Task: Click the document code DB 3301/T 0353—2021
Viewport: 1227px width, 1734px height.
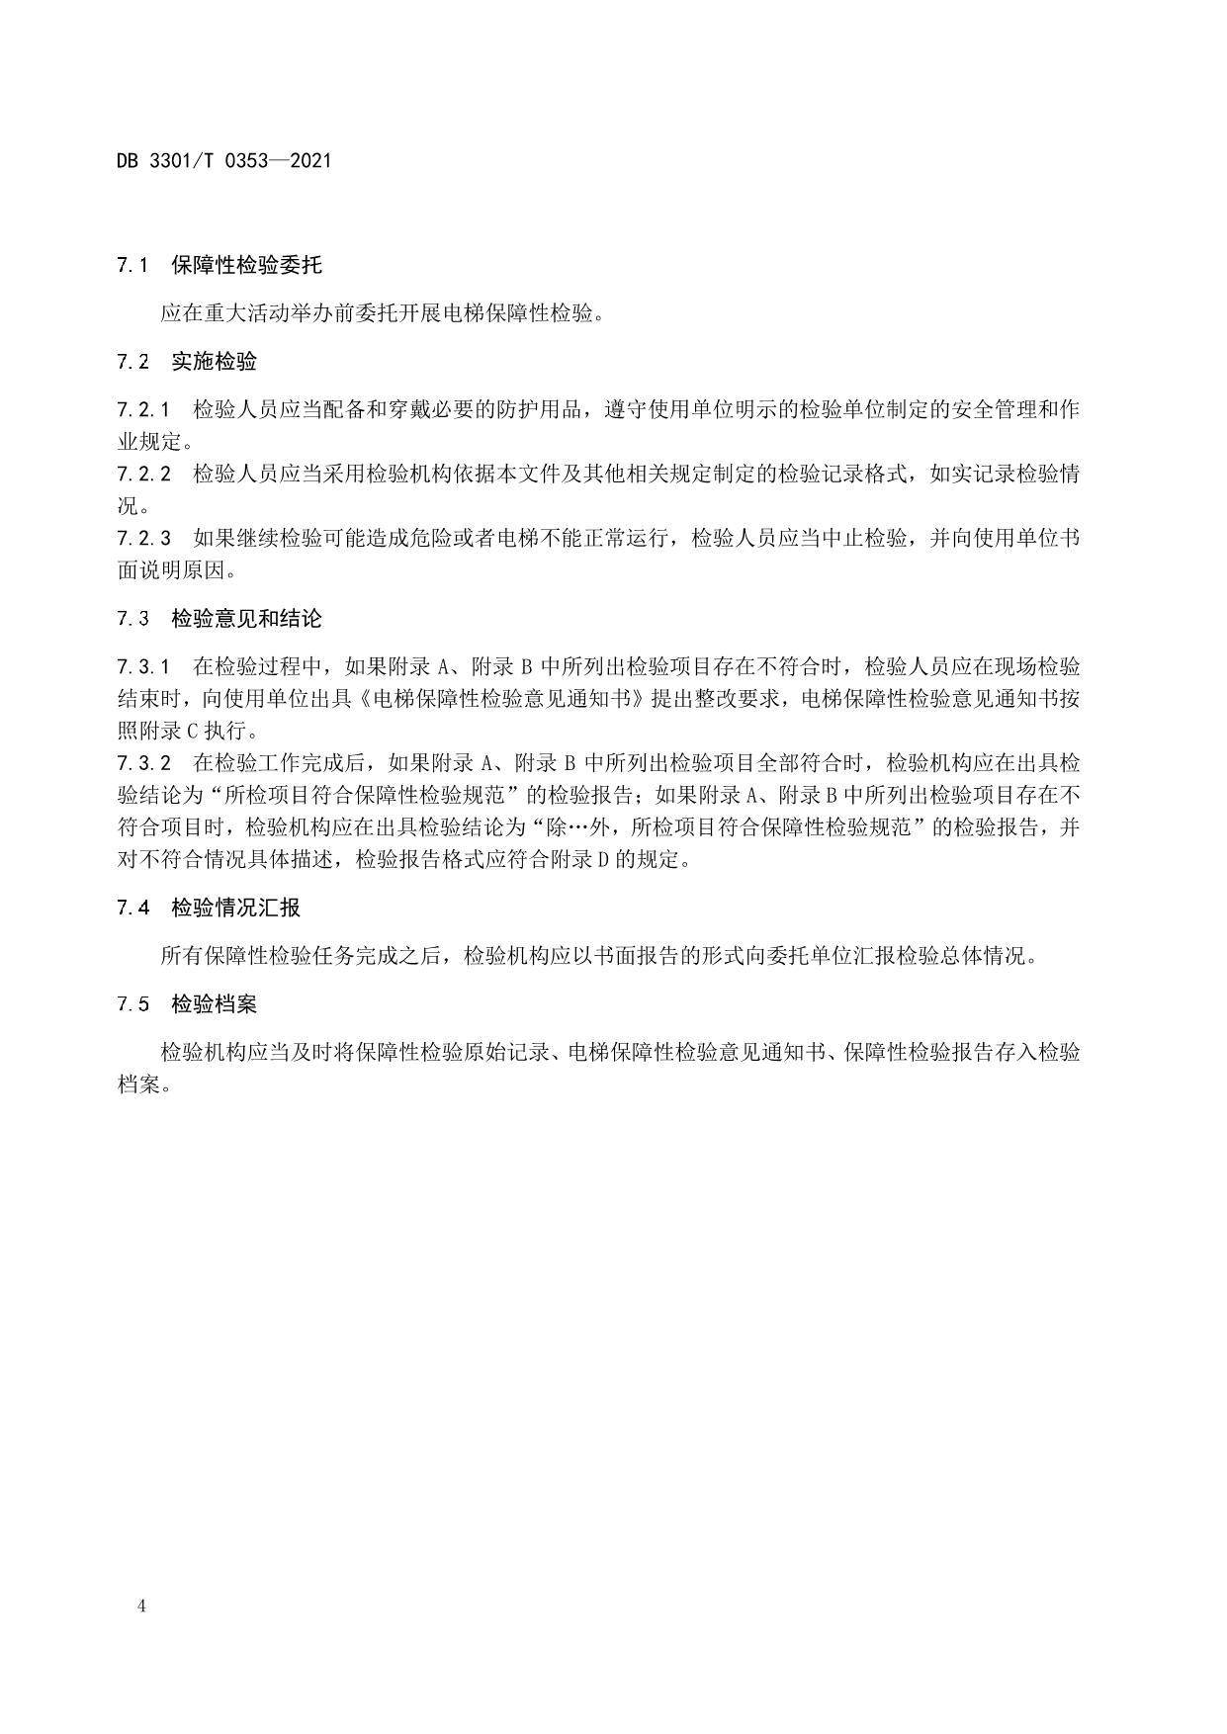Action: [224, 160]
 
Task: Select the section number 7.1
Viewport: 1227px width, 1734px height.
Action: [132, 265]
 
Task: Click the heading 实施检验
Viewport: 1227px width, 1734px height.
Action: [214, 362]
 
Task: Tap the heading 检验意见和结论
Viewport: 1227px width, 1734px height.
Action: [246, 619]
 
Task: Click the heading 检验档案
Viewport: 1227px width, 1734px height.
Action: [214, 1004]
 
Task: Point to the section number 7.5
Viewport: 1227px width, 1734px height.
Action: [132, 1004]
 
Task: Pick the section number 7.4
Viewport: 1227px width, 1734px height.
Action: [132, 908]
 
